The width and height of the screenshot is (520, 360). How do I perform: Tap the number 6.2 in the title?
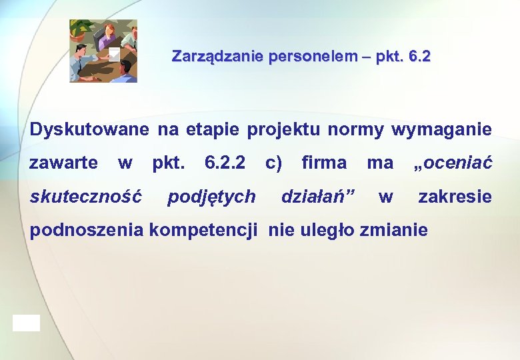419,57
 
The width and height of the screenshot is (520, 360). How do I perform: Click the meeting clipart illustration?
104,51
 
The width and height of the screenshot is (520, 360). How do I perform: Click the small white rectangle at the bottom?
26,323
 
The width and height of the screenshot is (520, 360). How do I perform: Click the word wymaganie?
441,129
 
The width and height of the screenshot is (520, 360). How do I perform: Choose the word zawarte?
64,163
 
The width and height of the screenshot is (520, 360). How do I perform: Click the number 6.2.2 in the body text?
224,163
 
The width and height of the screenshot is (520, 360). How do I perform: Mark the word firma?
324,163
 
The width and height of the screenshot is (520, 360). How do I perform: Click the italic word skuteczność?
86,197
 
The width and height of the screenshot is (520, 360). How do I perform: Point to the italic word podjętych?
211,197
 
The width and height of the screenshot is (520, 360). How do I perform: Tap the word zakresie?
455,197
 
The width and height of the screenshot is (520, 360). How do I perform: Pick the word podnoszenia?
87,231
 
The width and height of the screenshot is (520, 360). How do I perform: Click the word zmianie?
393,231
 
